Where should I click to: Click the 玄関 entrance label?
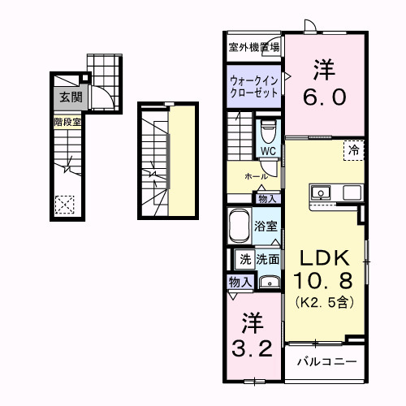coord(68,97)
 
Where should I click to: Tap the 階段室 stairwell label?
coord(67,123)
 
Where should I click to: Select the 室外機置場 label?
coord(253,48)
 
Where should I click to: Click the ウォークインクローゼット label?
coord(253,87)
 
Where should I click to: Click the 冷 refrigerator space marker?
coord(354,149)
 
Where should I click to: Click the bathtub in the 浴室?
coord(240,225)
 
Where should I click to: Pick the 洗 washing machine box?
coord(244,260)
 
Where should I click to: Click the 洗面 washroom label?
coord(268,260)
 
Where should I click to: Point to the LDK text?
coord(325,258)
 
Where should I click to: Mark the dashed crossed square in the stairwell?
coord(65,205)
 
